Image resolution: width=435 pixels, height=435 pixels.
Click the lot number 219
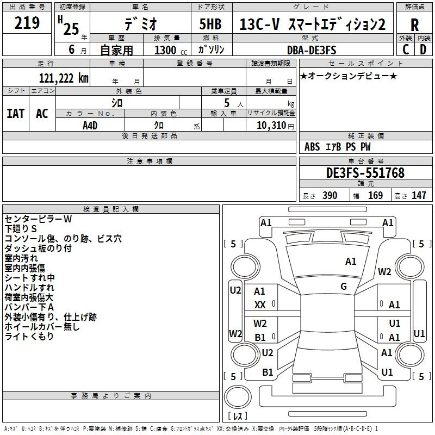click(27, 23)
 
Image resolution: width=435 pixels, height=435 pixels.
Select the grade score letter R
click(414, 24)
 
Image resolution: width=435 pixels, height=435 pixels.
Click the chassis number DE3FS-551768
click(365, 173)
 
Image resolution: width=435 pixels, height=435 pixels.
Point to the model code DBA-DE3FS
click(312, 49)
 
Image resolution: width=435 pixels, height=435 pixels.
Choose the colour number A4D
click(90, 125)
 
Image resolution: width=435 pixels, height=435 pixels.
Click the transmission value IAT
click(15, 113)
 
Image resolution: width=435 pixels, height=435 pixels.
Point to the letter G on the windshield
click(344, 287)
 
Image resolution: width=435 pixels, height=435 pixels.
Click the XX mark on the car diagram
click(260, 305)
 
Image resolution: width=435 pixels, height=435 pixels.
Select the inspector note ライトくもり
click(29, 337)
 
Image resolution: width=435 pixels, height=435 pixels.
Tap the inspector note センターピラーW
click(38, 219)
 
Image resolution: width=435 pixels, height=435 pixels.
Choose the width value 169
click(375, 195)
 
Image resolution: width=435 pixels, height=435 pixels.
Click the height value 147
click(419, 195)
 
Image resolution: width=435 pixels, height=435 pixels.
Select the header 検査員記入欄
click(111, 209)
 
